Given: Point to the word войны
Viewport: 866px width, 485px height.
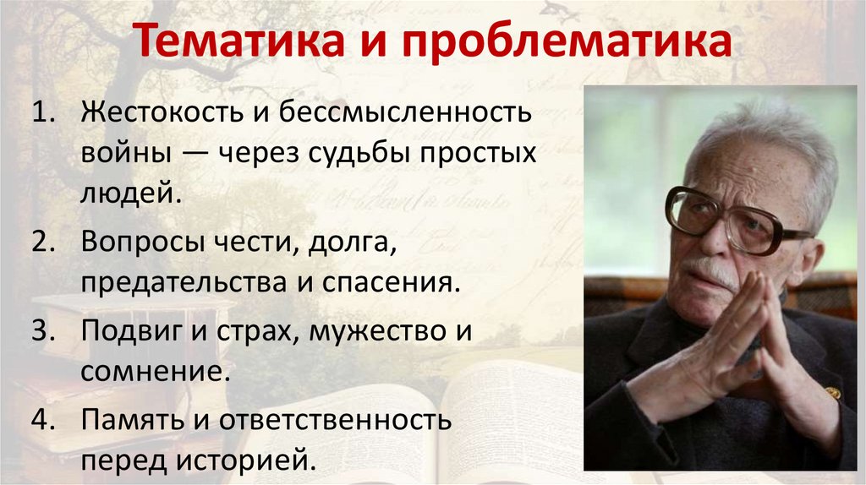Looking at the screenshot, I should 123,155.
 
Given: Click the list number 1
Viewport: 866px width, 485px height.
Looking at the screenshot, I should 42,113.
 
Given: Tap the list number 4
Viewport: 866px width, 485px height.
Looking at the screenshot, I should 43,419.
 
